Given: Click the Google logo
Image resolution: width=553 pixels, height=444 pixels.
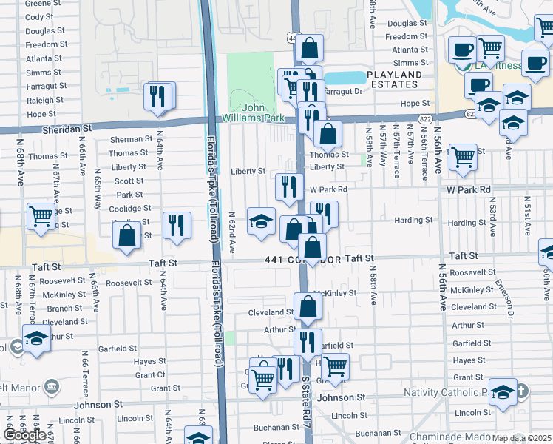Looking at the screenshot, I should click(24, 435).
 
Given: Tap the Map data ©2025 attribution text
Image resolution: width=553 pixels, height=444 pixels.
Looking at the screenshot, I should click(522, 438).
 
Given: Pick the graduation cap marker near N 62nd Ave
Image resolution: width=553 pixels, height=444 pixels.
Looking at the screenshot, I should click(261, 221).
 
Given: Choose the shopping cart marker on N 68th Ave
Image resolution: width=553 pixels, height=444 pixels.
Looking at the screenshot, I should click(41, 216).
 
